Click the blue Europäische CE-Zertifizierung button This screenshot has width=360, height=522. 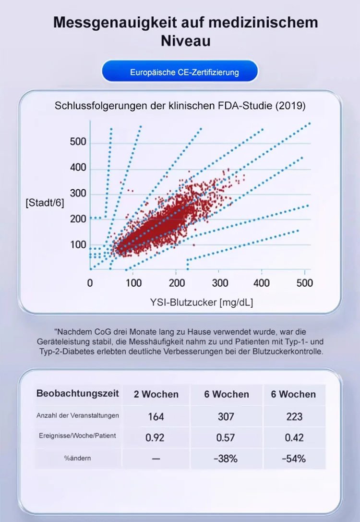click(x=180, y=73)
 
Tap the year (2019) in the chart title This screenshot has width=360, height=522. click(x=290, y=106)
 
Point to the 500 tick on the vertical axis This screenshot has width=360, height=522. click(x=78, y=142)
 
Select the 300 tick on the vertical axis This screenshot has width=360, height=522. click(x=78, y=194)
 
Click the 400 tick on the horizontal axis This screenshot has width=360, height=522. click(x=262, y=283)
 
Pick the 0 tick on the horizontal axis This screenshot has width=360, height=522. click(x=90, y=283)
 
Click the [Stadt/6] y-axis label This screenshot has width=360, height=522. click(x=45, y=203)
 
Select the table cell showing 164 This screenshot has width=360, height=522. click(x=156, y=416)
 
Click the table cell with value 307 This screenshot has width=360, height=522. click(x=226, y=416)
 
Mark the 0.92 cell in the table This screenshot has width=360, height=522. click(x=156, y=437)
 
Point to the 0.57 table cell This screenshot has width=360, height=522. click(x=226, y=437)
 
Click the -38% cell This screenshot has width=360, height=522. click(x=226, y=458)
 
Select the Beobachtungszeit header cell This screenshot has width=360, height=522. click(x=78, y=394)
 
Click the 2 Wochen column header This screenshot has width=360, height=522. click(x=156, y=394)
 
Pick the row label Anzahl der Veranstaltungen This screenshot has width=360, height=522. click(x=78, y=415)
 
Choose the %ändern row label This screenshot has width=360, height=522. click(x=78, y=458)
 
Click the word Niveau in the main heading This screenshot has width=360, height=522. click(x=186, y=40)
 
